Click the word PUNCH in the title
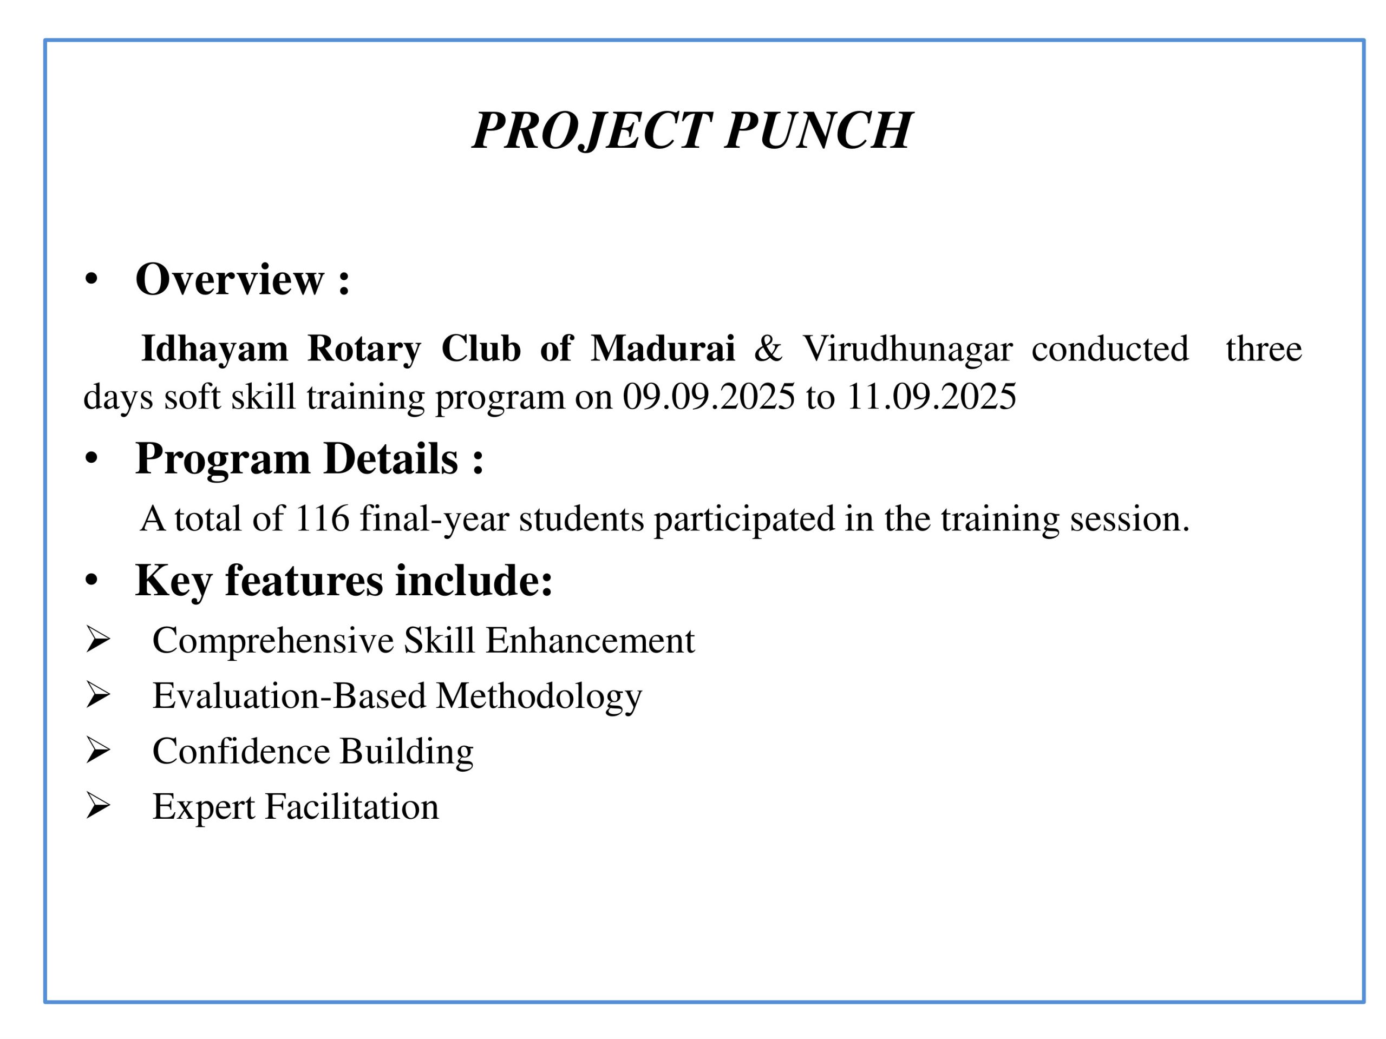[818, 130]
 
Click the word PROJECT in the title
[592, 130]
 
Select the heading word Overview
[230, 279]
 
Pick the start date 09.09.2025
[709, 397]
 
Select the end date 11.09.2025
[931, 397]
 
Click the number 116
[322, 518]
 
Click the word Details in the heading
[390, 459]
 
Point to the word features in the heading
[303, 581]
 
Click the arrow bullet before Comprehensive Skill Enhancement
[98, 640]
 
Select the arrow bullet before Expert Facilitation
[98, 805]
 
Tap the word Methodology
[538, 696]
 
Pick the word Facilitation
[351, 806]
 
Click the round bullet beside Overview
[92, 280]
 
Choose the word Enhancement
[590, 640]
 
